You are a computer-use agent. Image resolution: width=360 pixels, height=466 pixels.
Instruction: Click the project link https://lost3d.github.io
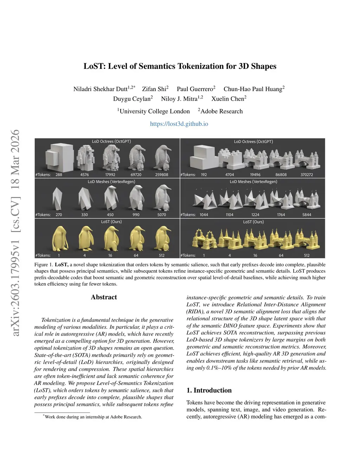(179, 124)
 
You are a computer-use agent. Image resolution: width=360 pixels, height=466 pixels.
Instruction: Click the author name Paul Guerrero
(195, 89)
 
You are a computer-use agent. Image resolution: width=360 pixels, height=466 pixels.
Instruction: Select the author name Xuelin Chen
(227, 99)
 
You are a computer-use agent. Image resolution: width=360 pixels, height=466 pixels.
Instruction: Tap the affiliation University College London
(154, 111)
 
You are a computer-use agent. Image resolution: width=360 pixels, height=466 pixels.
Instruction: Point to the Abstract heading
(104, 297)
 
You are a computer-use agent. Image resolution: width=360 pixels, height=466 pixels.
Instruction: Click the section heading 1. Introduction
(209, 390)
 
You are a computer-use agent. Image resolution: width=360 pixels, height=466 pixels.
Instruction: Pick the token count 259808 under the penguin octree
(162, 175)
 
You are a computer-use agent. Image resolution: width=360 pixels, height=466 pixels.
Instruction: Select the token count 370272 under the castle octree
(307, 175)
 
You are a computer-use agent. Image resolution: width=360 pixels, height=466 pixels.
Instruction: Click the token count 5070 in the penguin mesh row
(162, 215)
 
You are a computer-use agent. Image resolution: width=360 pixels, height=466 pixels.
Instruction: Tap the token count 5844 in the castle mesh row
(307, 215)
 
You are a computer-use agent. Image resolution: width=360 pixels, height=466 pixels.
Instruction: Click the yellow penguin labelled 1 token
(59, 238)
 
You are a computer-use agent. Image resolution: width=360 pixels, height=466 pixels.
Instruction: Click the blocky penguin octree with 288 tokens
(59, 157)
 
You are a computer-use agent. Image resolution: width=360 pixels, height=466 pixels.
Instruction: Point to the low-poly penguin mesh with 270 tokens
(58, 198)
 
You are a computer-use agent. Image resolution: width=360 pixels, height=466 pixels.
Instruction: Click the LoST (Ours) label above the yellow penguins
(111, 222)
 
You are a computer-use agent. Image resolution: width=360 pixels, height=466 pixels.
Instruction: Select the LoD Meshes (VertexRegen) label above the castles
(253, 182)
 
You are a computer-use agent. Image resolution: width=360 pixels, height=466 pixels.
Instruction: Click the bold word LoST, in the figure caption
(62, 265)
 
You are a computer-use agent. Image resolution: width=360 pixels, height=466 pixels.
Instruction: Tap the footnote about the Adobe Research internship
(93, 417)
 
